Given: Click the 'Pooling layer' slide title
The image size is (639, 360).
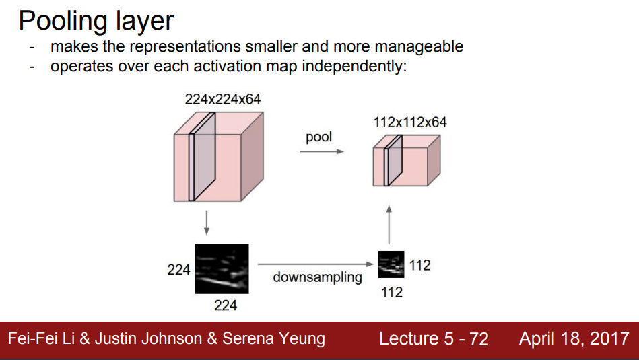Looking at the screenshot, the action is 96,21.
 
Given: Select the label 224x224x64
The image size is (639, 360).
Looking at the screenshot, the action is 223,100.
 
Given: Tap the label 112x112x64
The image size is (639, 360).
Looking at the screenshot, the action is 410,122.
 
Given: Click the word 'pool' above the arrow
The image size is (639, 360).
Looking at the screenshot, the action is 318,137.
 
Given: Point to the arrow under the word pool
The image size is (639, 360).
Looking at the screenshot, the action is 321,151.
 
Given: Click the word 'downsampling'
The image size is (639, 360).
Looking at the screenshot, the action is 317,277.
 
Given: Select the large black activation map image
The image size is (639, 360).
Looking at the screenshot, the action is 222,268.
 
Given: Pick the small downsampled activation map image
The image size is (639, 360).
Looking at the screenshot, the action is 391,264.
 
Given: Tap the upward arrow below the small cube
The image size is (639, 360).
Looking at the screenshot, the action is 389,225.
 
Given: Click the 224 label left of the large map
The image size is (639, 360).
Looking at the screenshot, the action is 178,270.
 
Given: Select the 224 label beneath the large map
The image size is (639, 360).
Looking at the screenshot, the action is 225,305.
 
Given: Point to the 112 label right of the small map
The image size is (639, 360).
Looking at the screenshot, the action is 419,265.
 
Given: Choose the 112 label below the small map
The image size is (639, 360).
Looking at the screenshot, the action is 392,292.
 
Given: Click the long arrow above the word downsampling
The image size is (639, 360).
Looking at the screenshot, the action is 314,264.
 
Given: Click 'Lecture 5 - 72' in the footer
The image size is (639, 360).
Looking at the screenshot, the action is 434,338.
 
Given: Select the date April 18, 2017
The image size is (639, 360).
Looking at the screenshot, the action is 574,338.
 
